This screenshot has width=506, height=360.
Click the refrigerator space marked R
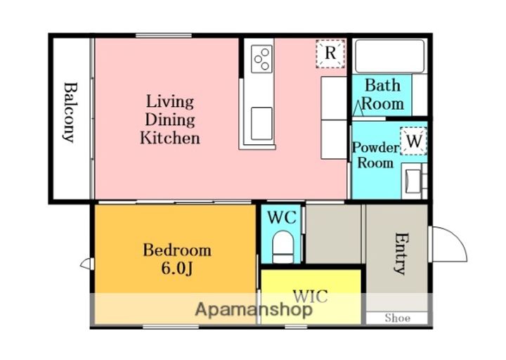pyautogui.click(x=330, y=53)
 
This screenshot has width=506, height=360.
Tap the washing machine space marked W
pyautogui.click(x=413, y=141)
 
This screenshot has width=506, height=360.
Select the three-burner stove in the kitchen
pyautogui.click(x=261, y=59)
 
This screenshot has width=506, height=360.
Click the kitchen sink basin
pyautogui.click(x=261, y=123)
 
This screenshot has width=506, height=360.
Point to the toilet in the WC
pyautogui.click(x=283, y=247)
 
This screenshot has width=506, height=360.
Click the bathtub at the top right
pyautogui.click(x=389, y=56)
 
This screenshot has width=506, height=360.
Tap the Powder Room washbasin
pyautogui.click(x=413, y=181)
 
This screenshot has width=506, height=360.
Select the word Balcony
pyautogui.click(x=70, y=112)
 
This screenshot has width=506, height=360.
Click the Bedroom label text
pyautogui.click(x=177, y=250)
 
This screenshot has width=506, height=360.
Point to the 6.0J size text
pyautogui.click(x=177, y=269)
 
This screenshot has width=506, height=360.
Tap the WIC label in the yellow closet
pyautogui.click(x=310, y=296)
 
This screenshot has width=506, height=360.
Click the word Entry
pyautogui.click(x=400, y=253)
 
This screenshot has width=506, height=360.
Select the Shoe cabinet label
pyautogui.click(x=398, y=318)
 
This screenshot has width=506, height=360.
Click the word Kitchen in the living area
pyautogui.click(x=170, y=138)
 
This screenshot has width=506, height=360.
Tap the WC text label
pyautogui.click(x=282, y=217)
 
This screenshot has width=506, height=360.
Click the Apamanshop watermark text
pyautogui.click(x=254, y=309)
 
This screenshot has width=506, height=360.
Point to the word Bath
pyautogui.click(x=383, y=86)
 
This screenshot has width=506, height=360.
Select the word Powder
pyautogui.click(x=375, y=148)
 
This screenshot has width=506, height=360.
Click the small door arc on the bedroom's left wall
pyautogui.click(x=85, y=264)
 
